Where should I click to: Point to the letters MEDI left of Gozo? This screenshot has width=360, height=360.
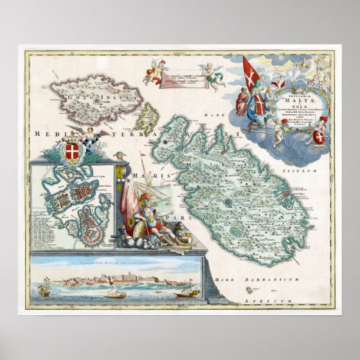(42, 134)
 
